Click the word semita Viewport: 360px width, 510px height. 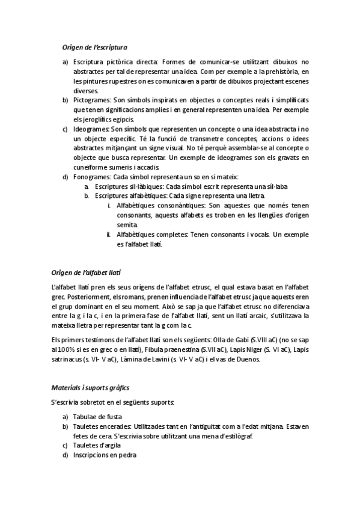(x=127, y=225)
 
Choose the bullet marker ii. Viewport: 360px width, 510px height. (x=109, y=235)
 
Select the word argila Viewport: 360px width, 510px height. (x=111, y=445)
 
